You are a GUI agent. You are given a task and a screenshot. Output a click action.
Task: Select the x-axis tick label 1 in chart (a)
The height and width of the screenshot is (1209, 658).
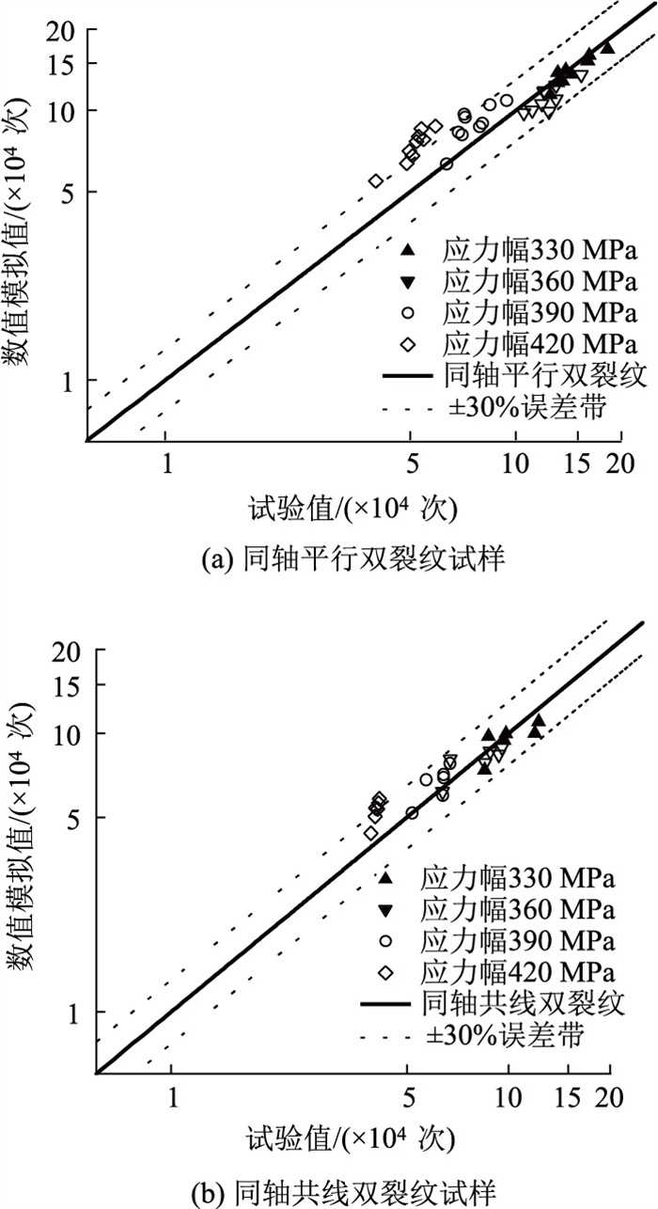pyautogui.click(x=166, y=463)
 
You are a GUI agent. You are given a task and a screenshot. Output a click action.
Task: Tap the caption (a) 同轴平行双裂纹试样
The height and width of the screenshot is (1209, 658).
pyautogui.click(x=328, y=560)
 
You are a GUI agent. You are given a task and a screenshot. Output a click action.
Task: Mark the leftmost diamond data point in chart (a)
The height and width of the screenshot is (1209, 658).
pyautogui.click(x=376, y=181)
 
